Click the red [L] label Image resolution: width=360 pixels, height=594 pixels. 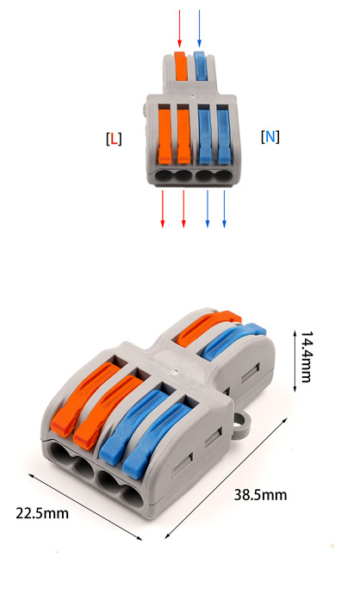114,139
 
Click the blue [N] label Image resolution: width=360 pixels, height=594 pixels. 270,136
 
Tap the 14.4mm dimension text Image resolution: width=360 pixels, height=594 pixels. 307,357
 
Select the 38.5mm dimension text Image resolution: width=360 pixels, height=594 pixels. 260,495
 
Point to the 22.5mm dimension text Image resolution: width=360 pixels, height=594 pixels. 42,513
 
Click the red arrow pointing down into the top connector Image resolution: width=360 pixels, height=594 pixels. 180,28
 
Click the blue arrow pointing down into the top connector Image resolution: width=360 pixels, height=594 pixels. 199,28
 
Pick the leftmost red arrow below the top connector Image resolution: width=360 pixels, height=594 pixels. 163,208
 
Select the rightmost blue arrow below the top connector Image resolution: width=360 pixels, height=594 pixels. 224,208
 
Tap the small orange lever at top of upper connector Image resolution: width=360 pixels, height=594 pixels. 181,65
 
